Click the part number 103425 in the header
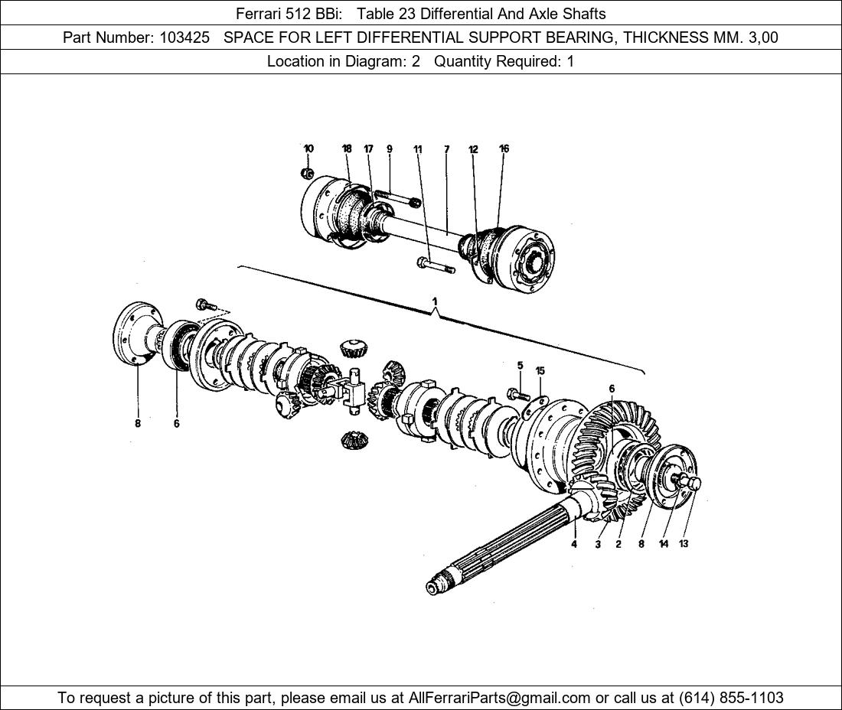click(x=184, y=37)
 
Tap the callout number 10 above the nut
click(x=308, y=148)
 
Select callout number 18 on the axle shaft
click(x=347, y=148)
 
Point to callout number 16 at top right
click(x=504, y=148)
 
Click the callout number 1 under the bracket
click(x=435, y=301)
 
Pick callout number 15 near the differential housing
click(x=540, y=371)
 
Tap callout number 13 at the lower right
click(x=684, y=544)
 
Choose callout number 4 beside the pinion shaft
click(x=573, y=544)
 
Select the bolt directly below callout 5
click(x=517, y=395)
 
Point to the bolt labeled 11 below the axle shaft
click(x=435, y=265)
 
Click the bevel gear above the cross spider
click(x=353, y=348)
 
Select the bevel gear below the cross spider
click(x=352, y=440)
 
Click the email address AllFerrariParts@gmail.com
click(x=499, y=698)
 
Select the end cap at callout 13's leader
click(x=692, y=483)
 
